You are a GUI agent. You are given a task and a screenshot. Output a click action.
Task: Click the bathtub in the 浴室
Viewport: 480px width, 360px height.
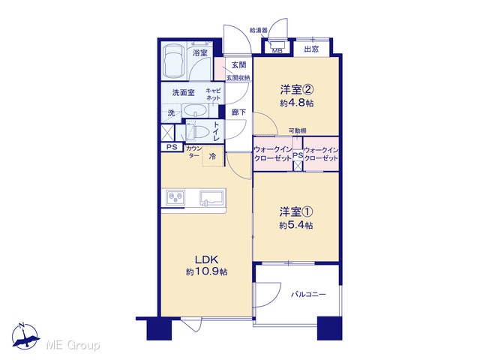click(173, 62)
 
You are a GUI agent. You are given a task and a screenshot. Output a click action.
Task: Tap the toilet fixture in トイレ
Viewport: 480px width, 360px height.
click(196, 132)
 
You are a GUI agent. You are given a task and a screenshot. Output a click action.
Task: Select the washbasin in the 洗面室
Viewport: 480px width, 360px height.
click(196, 110)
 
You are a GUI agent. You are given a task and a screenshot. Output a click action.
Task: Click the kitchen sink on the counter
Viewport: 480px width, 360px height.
click(211, 198)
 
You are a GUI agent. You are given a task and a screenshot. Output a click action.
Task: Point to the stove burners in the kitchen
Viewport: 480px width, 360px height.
click(175, 197)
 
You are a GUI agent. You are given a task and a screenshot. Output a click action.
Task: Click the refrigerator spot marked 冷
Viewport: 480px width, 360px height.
click(212, 157)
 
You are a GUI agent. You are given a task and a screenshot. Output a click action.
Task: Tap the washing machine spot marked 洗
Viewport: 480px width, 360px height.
click(172, 113)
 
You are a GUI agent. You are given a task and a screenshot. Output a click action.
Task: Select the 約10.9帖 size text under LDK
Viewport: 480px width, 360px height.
click(207, 271)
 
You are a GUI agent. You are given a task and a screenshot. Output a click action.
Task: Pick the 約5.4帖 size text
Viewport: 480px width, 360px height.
click(296, 226)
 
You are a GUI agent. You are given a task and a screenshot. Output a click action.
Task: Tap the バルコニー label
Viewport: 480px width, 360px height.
click(308, 295)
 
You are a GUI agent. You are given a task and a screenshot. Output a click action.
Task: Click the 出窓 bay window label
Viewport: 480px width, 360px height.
click(311, 49)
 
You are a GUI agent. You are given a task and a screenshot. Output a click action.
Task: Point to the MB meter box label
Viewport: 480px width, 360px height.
click(277, 51)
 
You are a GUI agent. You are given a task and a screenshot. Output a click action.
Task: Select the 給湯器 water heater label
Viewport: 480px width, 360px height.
click(259, 30)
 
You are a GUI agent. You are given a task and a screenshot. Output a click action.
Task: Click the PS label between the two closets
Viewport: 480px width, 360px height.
click(298, 155)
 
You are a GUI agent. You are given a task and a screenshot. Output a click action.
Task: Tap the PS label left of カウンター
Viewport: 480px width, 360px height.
click(172, 147)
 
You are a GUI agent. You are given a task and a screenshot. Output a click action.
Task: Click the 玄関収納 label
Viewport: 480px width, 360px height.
click(238, 78)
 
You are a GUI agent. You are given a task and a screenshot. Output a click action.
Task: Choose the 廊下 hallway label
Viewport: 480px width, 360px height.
click(238, 112)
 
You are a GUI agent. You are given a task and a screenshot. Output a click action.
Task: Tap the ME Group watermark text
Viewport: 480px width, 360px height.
click(73, 346)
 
